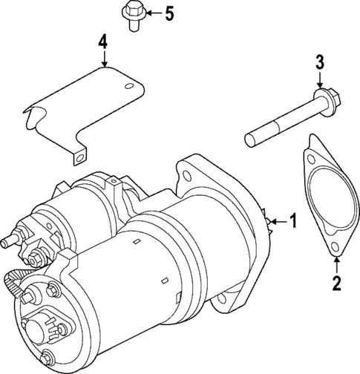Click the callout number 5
coord(168,13)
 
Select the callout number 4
coord(103,42)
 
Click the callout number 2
coord(336,282)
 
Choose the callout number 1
coord(293,220)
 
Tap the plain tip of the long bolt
coord(251,138)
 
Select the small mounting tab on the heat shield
coord(77,155)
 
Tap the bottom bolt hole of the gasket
coord(336,248)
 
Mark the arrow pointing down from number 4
coord(103,59)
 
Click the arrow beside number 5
coord(151,13)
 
